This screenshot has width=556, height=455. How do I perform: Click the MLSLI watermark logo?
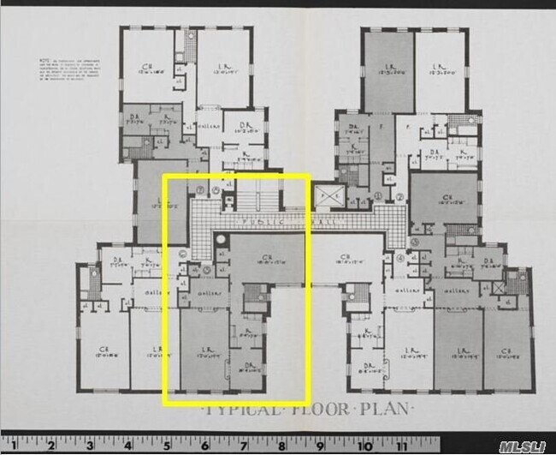(x=524, y=446)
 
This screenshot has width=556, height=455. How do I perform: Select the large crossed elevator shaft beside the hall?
(x=326, y=197)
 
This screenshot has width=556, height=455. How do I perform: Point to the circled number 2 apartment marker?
(x=399, y=197)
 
